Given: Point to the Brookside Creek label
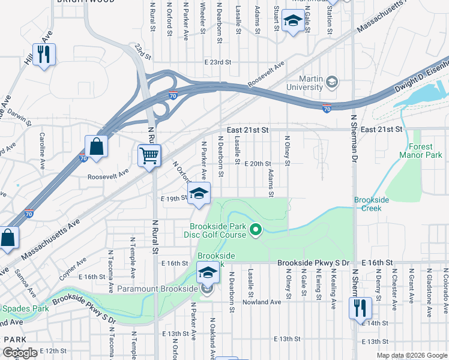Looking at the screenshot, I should pos(372,203).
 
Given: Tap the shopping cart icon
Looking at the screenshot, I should pos(149,155).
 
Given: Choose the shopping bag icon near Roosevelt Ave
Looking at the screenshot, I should pos(96,146).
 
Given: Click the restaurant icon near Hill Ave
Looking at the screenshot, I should pos(44,54).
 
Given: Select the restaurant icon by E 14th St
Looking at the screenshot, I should pos(361,308).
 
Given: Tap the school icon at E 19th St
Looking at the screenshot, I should pos(199,194).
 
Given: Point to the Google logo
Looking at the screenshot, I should pos(20,353).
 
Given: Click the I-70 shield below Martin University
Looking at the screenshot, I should pos(327,109).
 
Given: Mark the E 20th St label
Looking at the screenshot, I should pos(260,163).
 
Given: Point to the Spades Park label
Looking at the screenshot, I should pos(18,308).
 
